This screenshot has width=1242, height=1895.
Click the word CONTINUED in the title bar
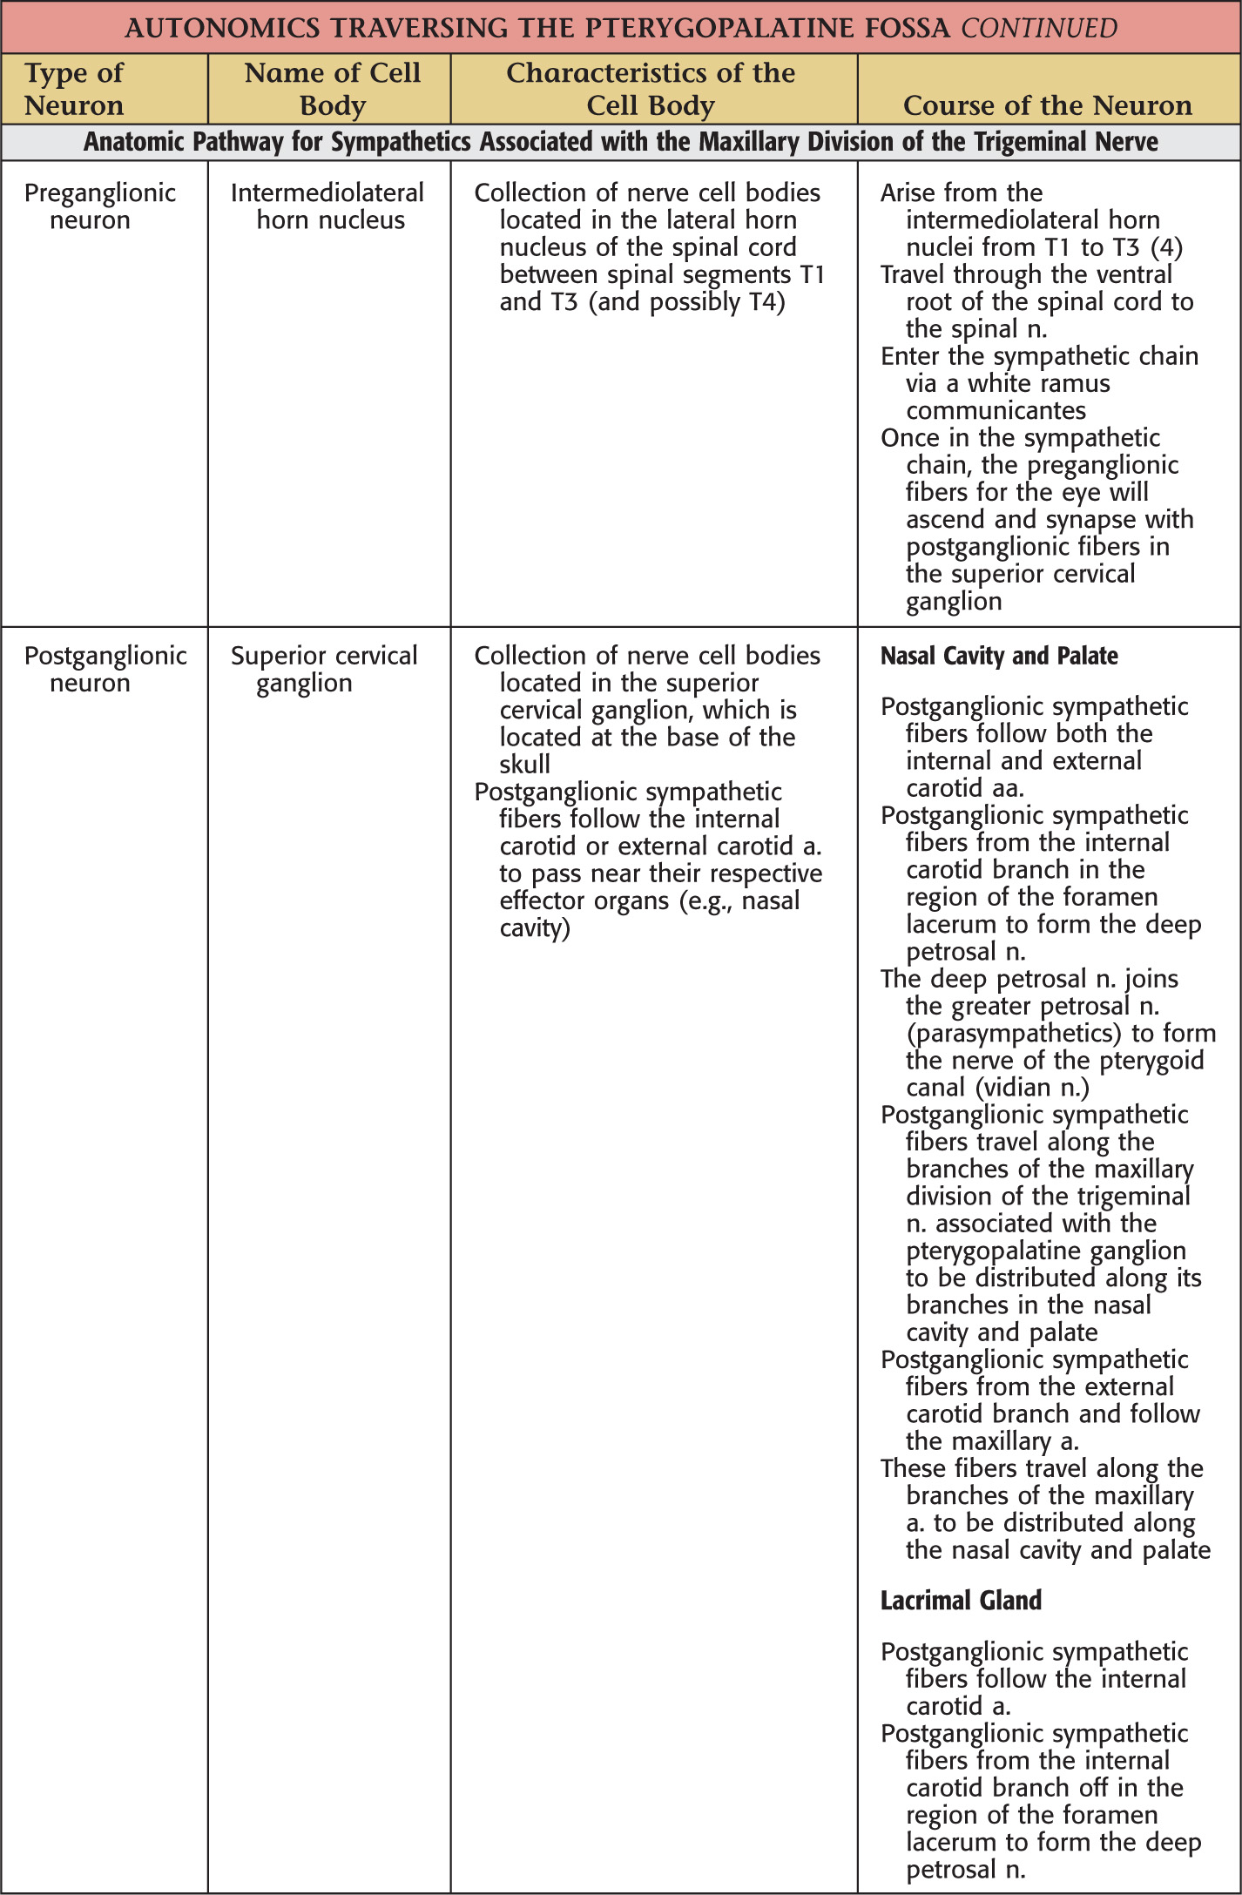coord(1039,28)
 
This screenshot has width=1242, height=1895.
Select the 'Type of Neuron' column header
coord(74,89)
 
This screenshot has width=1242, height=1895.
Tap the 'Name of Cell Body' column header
coord(332,89)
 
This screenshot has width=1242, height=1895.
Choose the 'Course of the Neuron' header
coord(1048,105)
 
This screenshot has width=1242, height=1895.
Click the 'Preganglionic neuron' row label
coord(99,206)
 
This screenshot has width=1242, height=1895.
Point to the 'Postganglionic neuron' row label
coord(105,669)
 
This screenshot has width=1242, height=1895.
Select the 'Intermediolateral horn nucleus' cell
coord(327,206)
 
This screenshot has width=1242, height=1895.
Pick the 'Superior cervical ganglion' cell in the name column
coord(324,669)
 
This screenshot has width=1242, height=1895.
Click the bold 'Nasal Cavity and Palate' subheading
coord(999,656)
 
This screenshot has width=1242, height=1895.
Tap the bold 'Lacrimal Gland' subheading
coord(961,1601)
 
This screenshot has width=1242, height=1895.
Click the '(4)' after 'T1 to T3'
coord(1166,248)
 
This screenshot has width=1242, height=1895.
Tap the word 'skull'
coord(524,765)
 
